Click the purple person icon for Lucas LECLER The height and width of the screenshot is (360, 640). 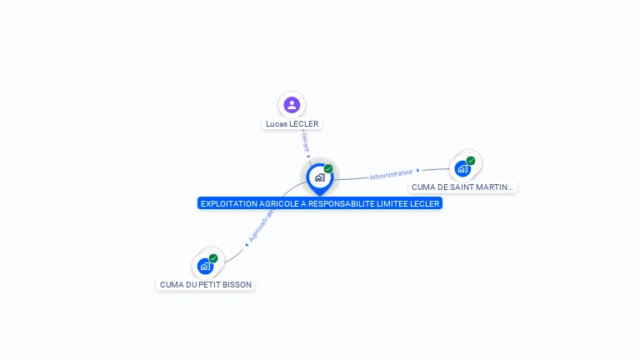292,105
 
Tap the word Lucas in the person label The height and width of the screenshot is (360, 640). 276,124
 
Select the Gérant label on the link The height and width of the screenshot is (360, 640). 306,142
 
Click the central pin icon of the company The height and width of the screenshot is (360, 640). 319,177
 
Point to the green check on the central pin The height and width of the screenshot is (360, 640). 328,169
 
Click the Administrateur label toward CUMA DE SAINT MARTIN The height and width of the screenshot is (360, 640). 391,174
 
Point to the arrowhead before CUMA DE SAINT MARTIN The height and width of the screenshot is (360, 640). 418,170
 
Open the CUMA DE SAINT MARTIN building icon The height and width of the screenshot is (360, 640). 462,168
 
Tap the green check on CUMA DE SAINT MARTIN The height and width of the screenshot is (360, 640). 471,161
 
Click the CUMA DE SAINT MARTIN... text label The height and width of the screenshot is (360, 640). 462,187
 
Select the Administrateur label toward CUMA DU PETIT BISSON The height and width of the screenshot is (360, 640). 262,225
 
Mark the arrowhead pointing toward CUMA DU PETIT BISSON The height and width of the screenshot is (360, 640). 247,244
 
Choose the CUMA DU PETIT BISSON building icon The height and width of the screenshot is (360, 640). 205,267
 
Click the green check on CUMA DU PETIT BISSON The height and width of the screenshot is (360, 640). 213,258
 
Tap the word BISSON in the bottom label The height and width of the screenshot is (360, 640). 236,285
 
